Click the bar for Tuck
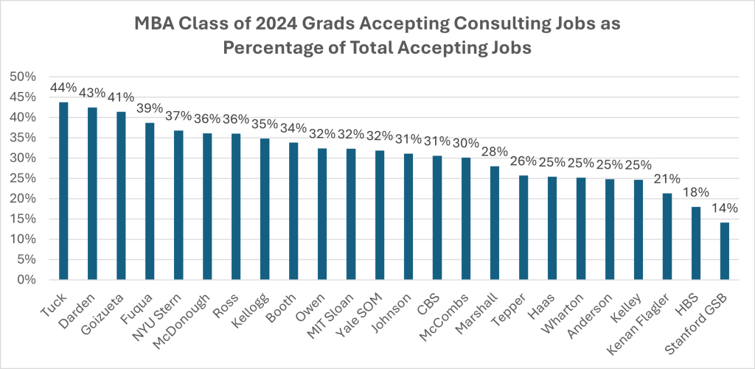(63, 191)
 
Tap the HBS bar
(697, 243)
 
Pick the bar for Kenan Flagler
(667, 236)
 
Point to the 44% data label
(63, 88)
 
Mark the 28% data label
(495, 152)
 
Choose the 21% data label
(667, 179)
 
